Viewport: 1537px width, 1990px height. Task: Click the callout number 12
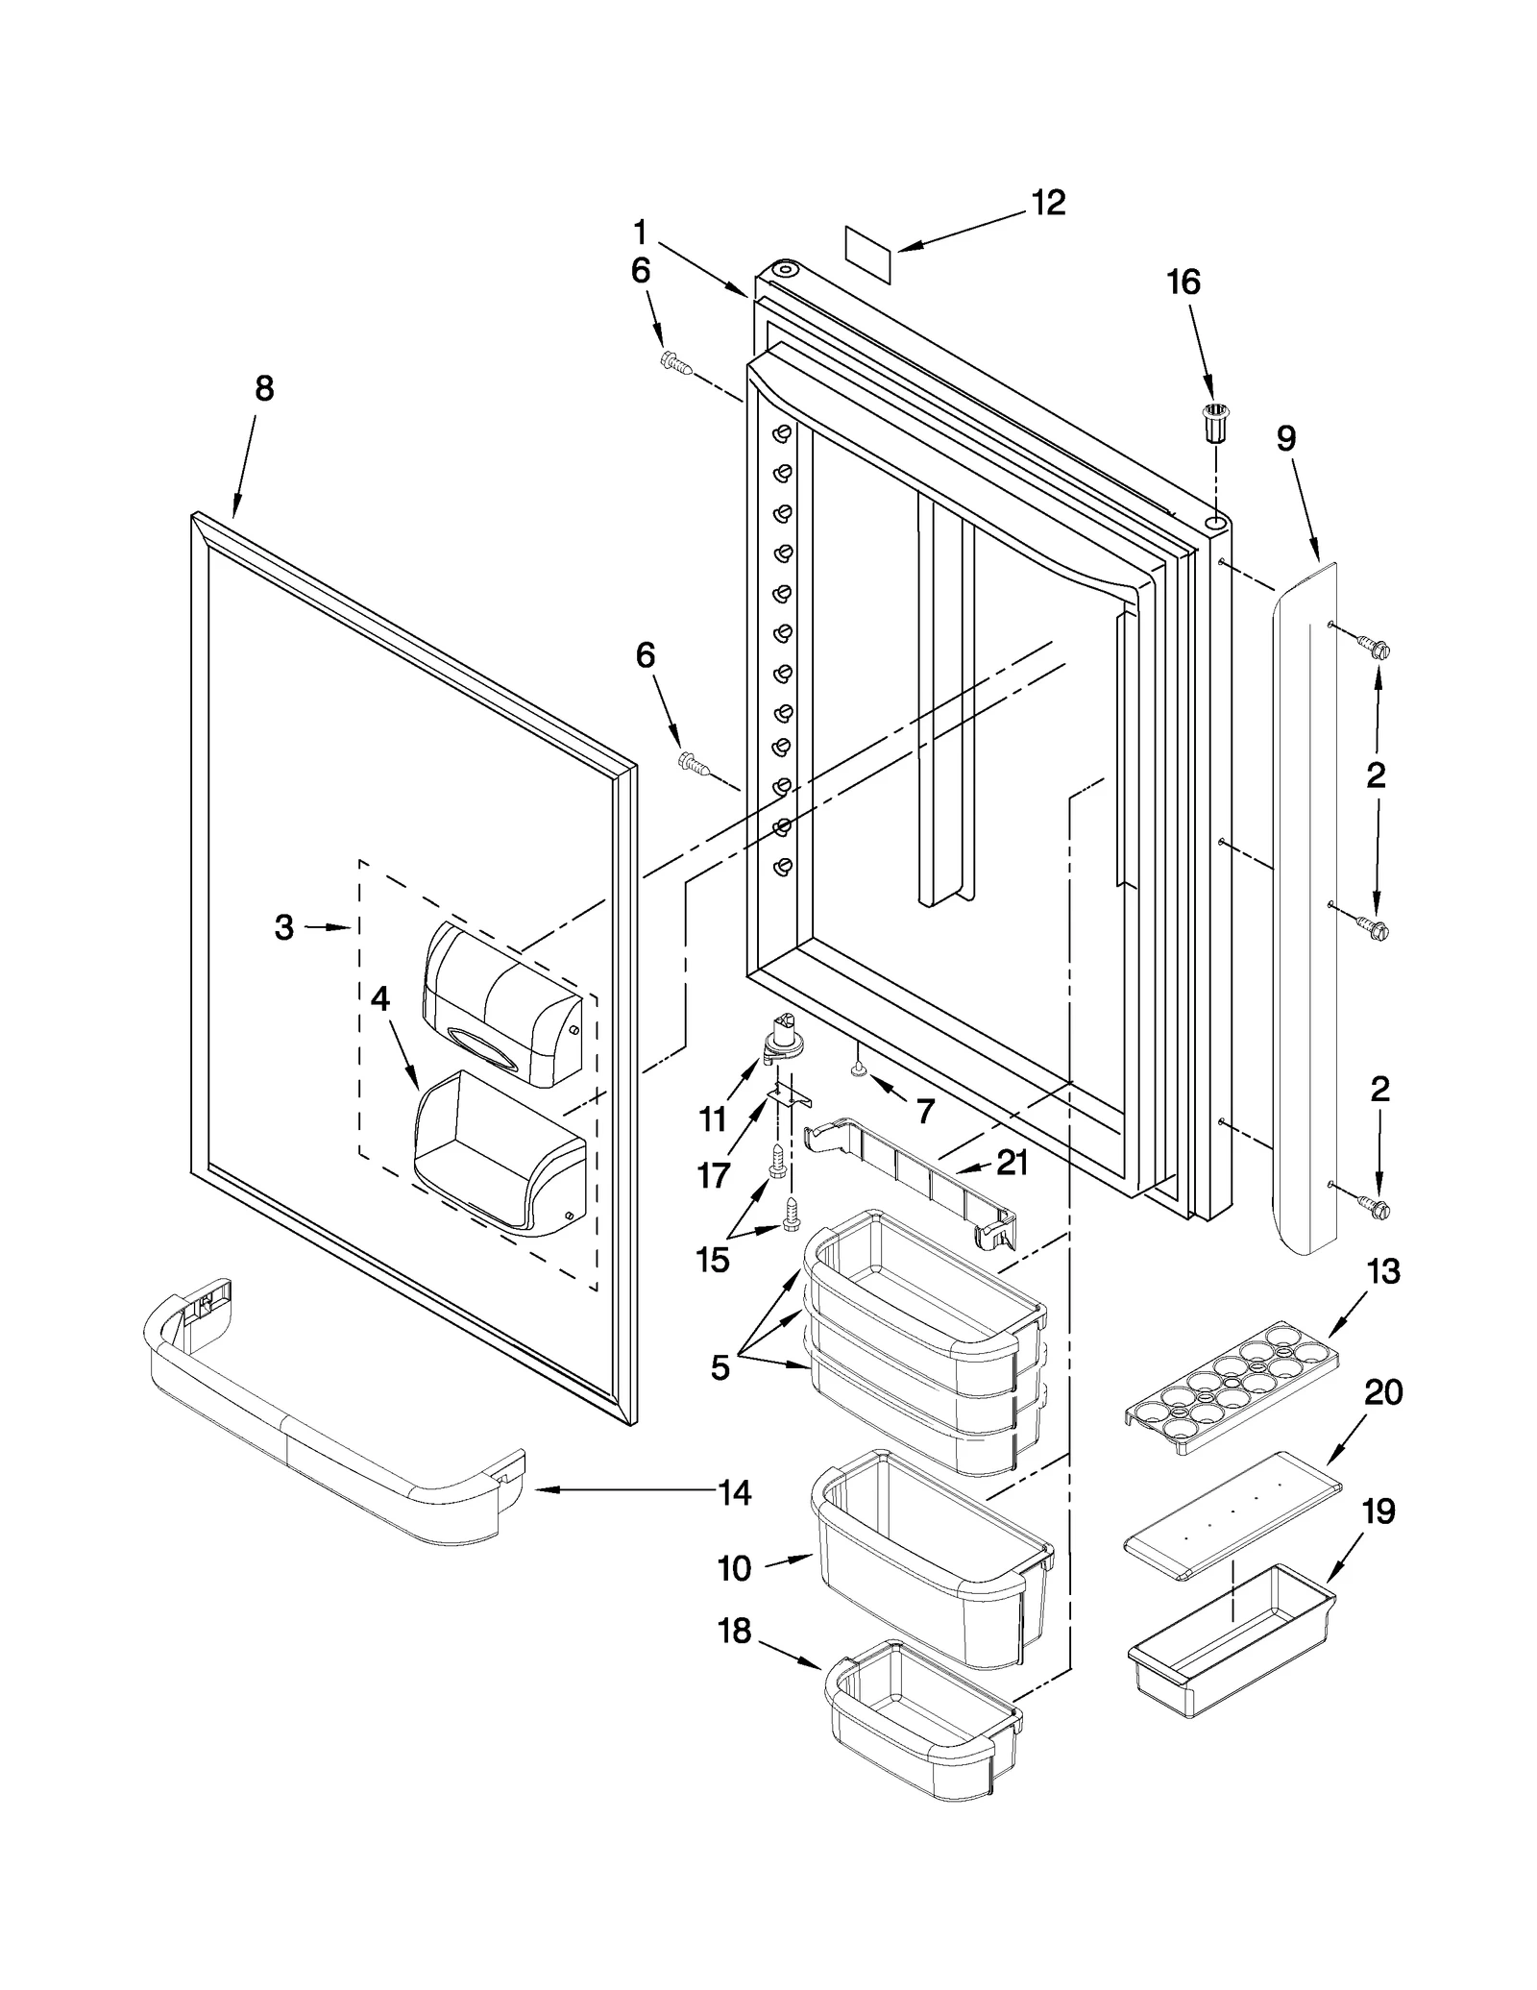click(x=1048, y=203)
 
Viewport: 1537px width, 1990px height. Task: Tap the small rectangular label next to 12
click(x=868, y=254)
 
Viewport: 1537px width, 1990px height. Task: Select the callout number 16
click(x=1183, y=282)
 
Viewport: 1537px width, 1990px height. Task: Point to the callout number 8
click(x=264, y=388)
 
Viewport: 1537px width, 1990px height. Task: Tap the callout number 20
click(x=1383, y=1392)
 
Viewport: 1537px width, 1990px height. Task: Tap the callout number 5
click(x=720, y=1367)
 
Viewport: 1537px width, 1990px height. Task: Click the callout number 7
click(x=924, y=1112)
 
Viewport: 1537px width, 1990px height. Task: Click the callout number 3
click(x=283, y=927)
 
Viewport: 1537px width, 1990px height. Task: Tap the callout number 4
click(x=380, y=999)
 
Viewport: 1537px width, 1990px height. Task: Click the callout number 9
click(x=1286, y=439)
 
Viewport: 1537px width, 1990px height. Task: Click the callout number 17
click(x=714, y=1175)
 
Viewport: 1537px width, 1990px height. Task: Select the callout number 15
click(x=713, y=1259)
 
